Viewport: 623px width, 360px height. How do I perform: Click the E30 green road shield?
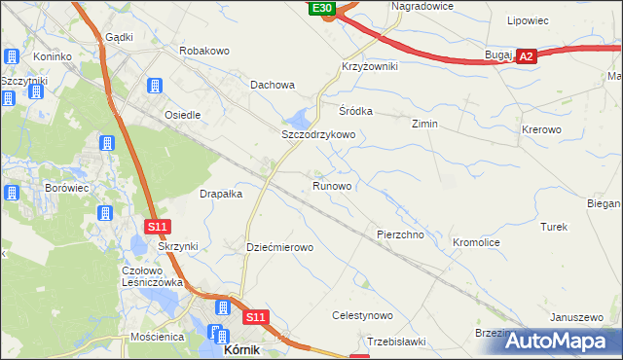[323, 8]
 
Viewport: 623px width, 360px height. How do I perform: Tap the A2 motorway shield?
[526, 57]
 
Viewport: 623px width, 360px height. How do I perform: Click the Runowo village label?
[332, 185]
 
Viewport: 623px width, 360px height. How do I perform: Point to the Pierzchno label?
[400, 235]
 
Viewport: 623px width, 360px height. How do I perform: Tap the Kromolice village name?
[477, 240]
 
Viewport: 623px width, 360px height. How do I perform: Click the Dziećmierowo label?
[280, 248]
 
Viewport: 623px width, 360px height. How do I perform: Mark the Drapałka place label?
[221, 194]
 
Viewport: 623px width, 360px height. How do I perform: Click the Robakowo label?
[203, 49]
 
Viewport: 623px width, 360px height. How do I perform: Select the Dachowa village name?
[273, 85]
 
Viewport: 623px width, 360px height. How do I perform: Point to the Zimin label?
[424, 125]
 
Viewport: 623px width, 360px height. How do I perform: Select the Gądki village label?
[118, 37]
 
